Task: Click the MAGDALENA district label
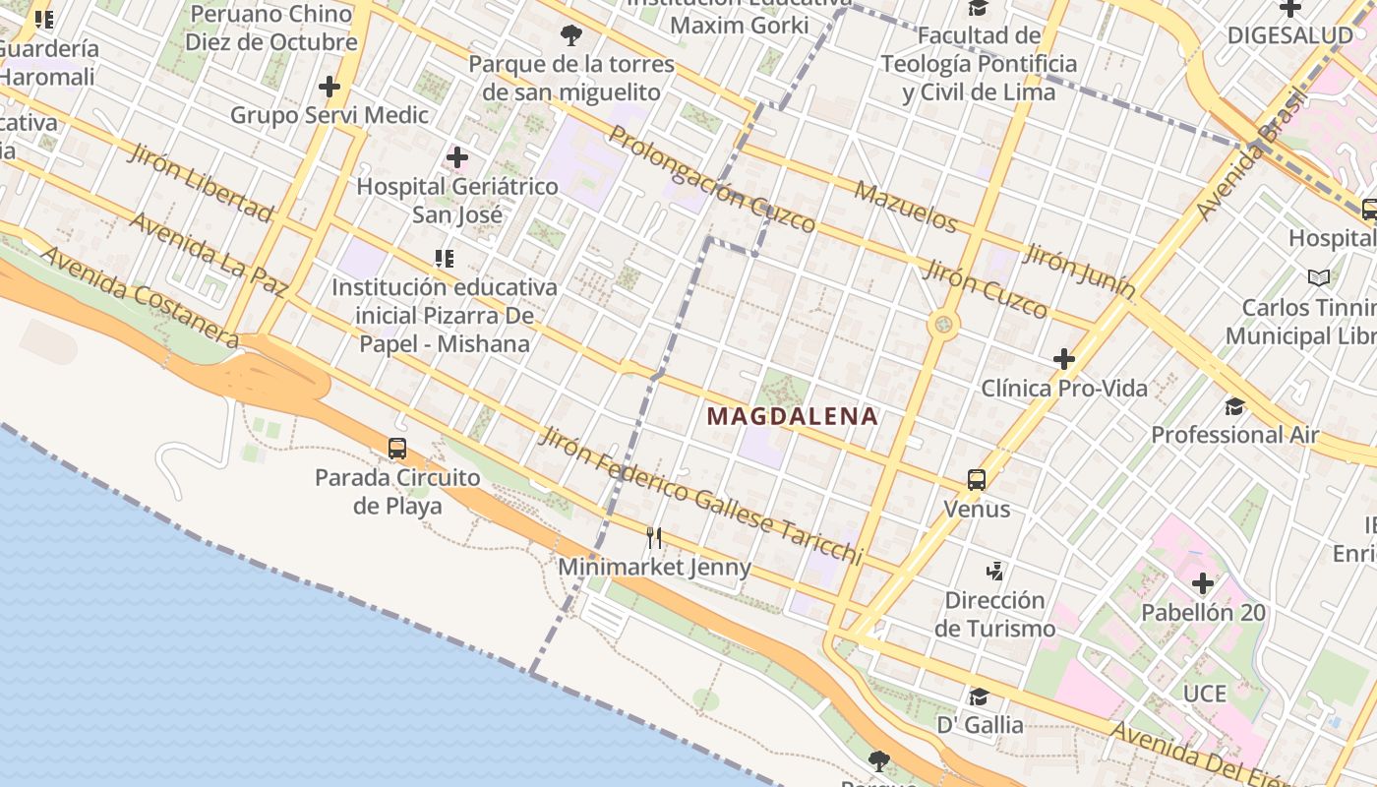[x=792, y=416]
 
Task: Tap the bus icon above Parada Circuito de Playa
[x=397, y=449]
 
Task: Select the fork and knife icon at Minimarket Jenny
[x=654, y=537]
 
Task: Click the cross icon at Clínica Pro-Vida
[x=1064, y=359]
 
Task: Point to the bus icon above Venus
[x=977, y=479]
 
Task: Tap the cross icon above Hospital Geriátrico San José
[x=457, y=156]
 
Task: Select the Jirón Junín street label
[x=1079, y=272]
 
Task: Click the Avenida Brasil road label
[x=1250, y=153]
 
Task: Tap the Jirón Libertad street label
[x=200, y=182]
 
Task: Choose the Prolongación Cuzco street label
[x=711, y=179]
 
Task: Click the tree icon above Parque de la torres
[x=570, y=36]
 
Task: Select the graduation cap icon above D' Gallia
[x=979, y=696]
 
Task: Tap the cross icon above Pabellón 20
[x=1203, y=583]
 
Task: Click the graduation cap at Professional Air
[x=1234, y=406]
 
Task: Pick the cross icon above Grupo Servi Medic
[x=329, y=87]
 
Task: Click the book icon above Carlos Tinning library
[x=1319, y=277]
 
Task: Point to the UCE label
[x=1204, y=694]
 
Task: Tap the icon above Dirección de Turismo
[x=995, y=571]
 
